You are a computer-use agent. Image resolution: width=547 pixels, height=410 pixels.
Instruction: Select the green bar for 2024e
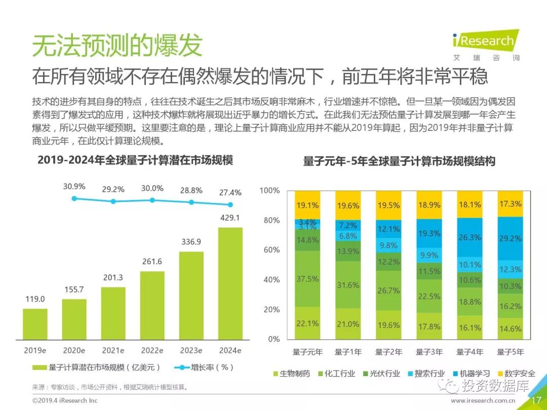230,283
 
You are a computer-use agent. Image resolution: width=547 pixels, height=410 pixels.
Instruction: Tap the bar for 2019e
35,323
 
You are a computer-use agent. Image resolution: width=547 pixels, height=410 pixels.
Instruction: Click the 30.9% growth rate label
74,186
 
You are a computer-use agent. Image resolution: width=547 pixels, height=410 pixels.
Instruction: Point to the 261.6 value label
152,261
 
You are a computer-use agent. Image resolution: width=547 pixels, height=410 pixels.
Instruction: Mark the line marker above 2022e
152,200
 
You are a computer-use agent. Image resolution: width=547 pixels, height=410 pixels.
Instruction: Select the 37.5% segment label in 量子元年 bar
307,279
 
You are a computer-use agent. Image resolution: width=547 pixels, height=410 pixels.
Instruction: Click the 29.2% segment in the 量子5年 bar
510,238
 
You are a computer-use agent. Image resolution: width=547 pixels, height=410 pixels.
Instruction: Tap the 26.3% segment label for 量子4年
470,237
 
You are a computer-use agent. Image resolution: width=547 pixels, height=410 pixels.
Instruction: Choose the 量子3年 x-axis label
429,352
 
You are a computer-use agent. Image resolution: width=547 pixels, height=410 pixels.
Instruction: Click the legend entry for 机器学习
471,374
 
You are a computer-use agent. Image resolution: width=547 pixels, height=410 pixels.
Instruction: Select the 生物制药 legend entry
291,374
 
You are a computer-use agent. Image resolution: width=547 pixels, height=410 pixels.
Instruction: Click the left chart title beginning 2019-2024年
135,160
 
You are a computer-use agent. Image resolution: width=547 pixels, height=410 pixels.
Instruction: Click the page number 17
536,400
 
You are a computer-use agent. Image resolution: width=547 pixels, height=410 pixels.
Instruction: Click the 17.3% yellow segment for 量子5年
510,204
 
